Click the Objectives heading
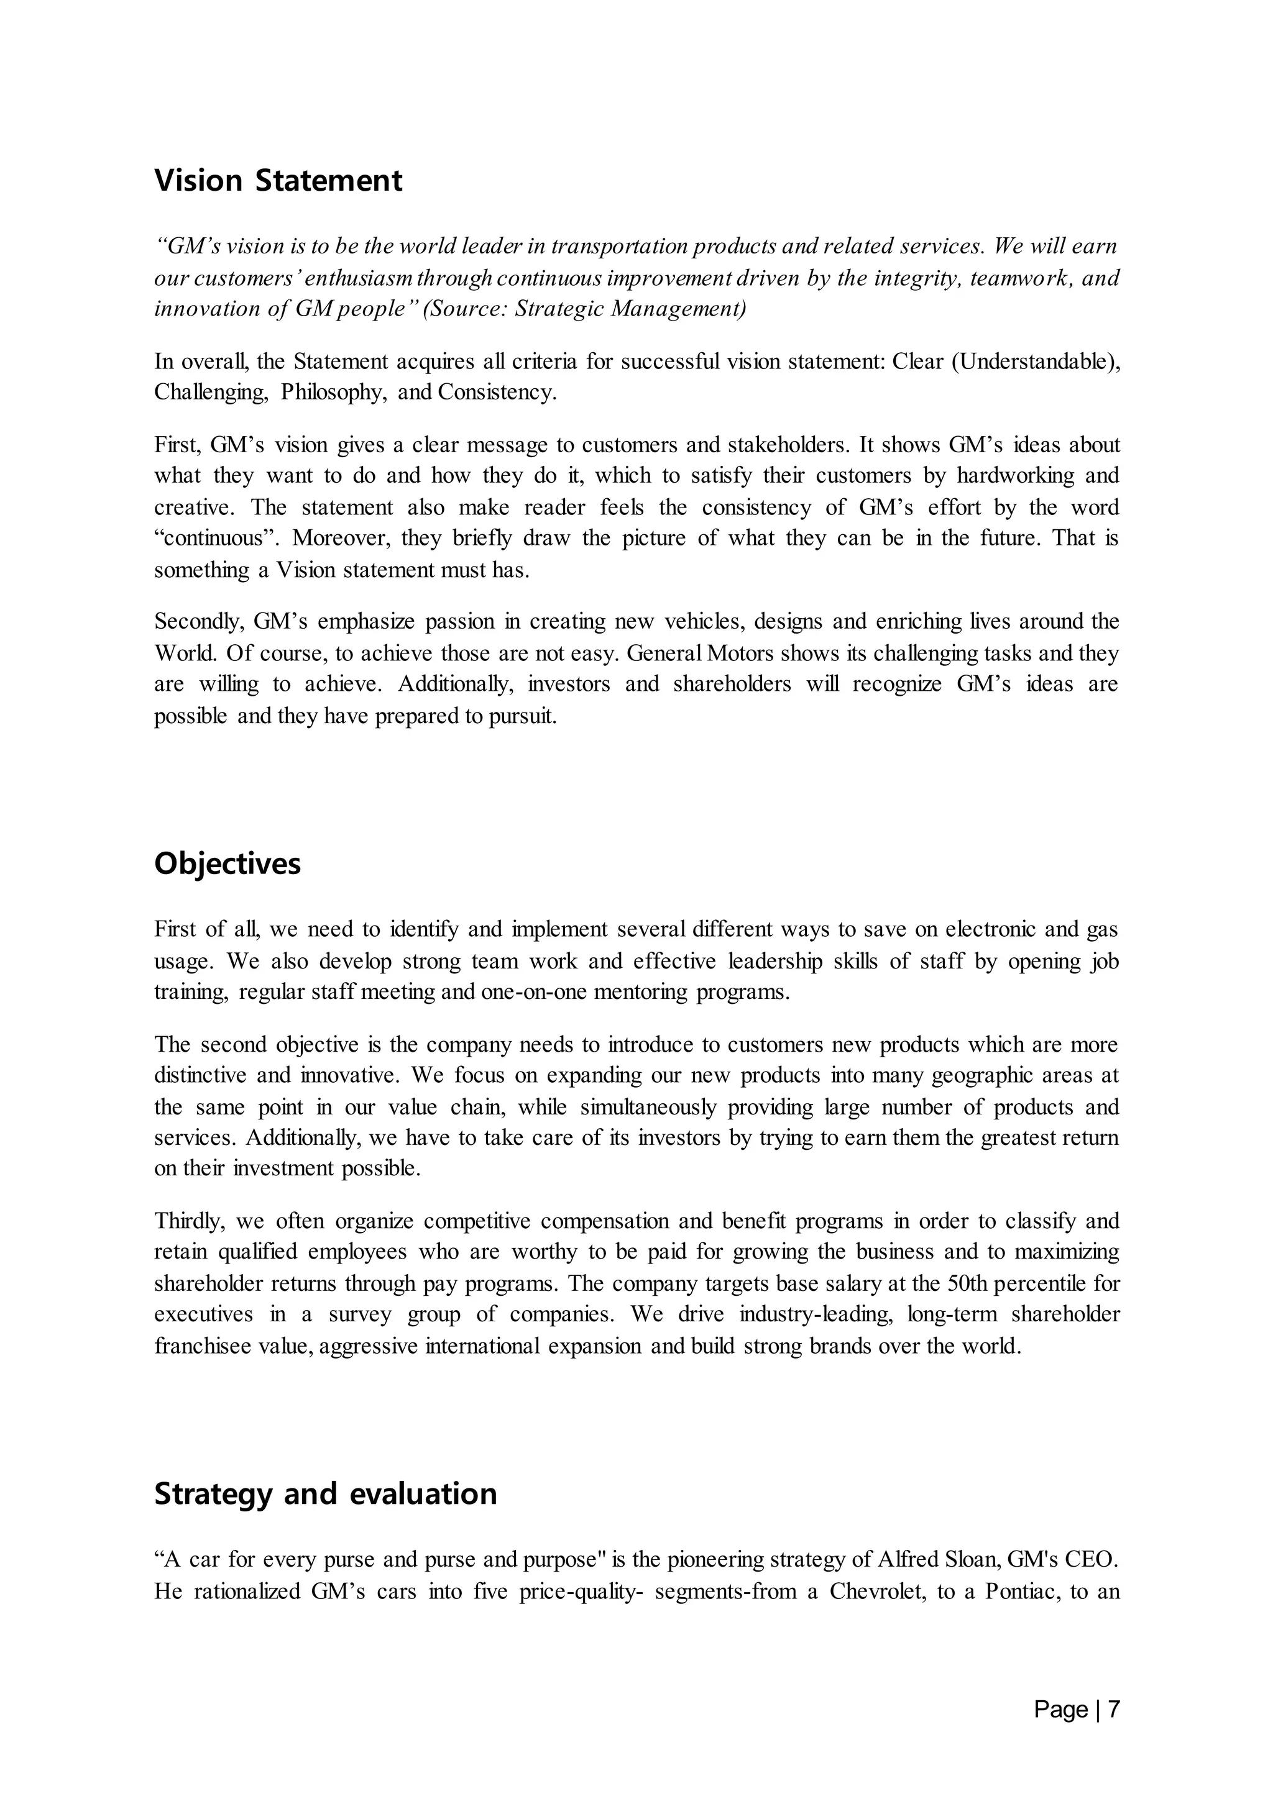[227, 863]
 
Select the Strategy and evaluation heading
[325, 1493]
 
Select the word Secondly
[198, 622]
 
